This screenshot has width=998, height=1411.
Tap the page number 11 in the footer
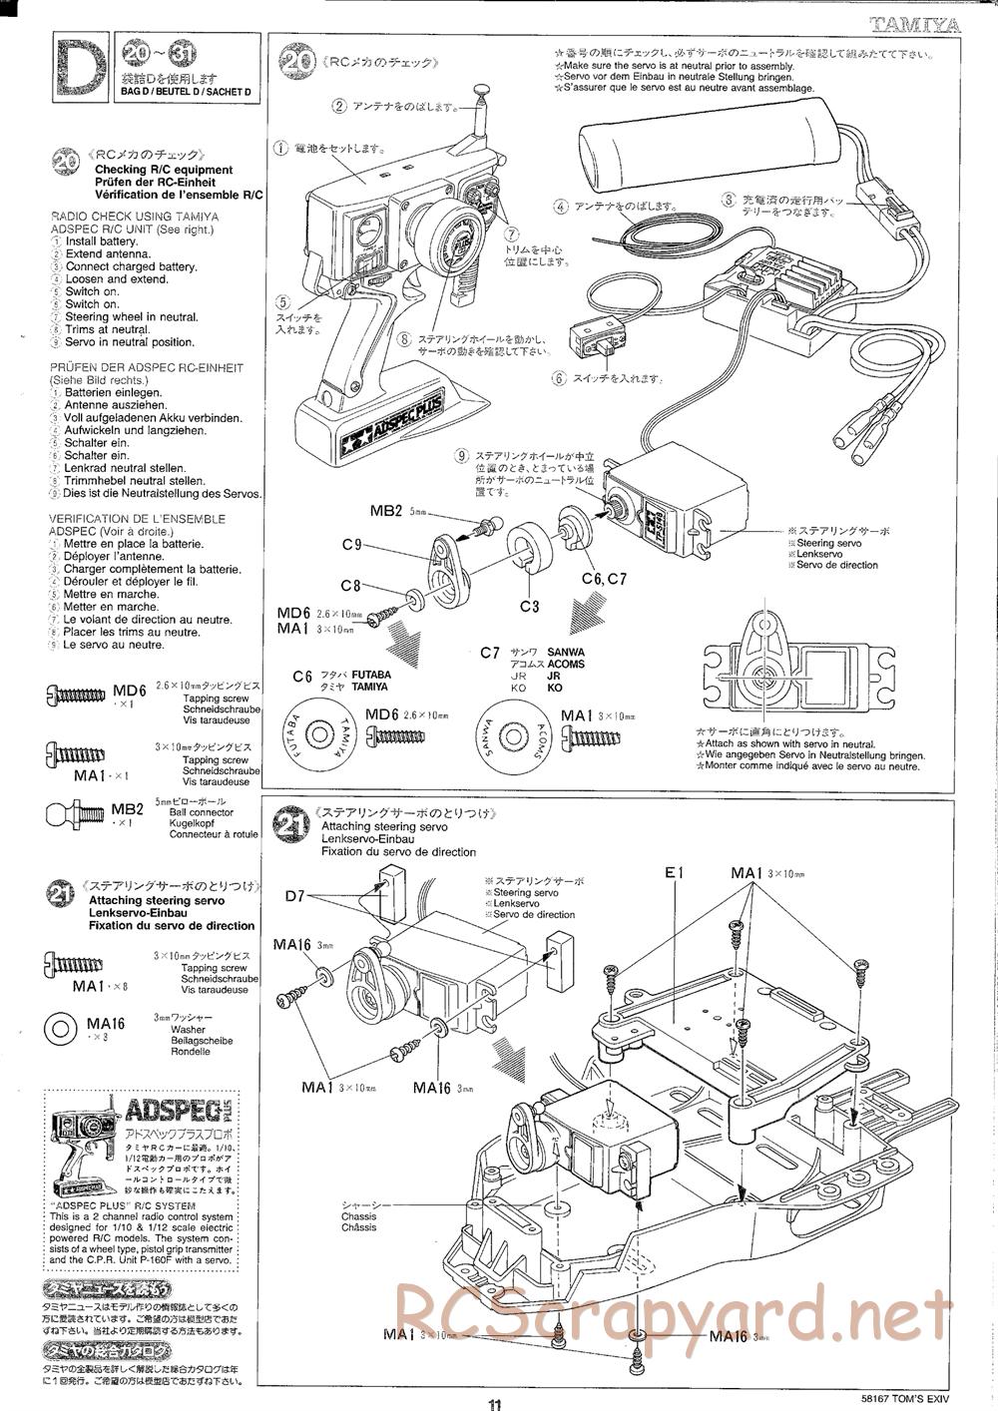tap(496, 1400)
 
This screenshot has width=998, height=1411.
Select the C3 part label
tap(529, 605)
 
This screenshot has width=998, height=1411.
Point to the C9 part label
tap(350, 545)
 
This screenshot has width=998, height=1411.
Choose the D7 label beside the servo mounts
tap(293, 895)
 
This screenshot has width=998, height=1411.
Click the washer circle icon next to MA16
tap(60, 1028)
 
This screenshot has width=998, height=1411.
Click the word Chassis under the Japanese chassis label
tap(358, 1216)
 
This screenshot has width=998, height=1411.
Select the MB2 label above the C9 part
tap(385, 512)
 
